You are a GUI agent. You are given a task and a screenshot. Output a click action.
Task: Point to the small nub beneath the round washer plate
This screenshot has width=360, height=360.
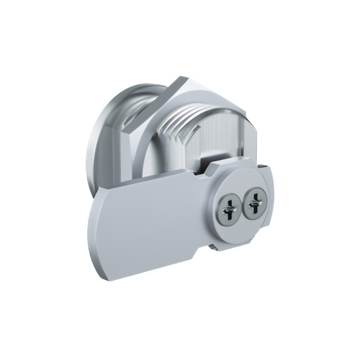pos(214,247)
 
